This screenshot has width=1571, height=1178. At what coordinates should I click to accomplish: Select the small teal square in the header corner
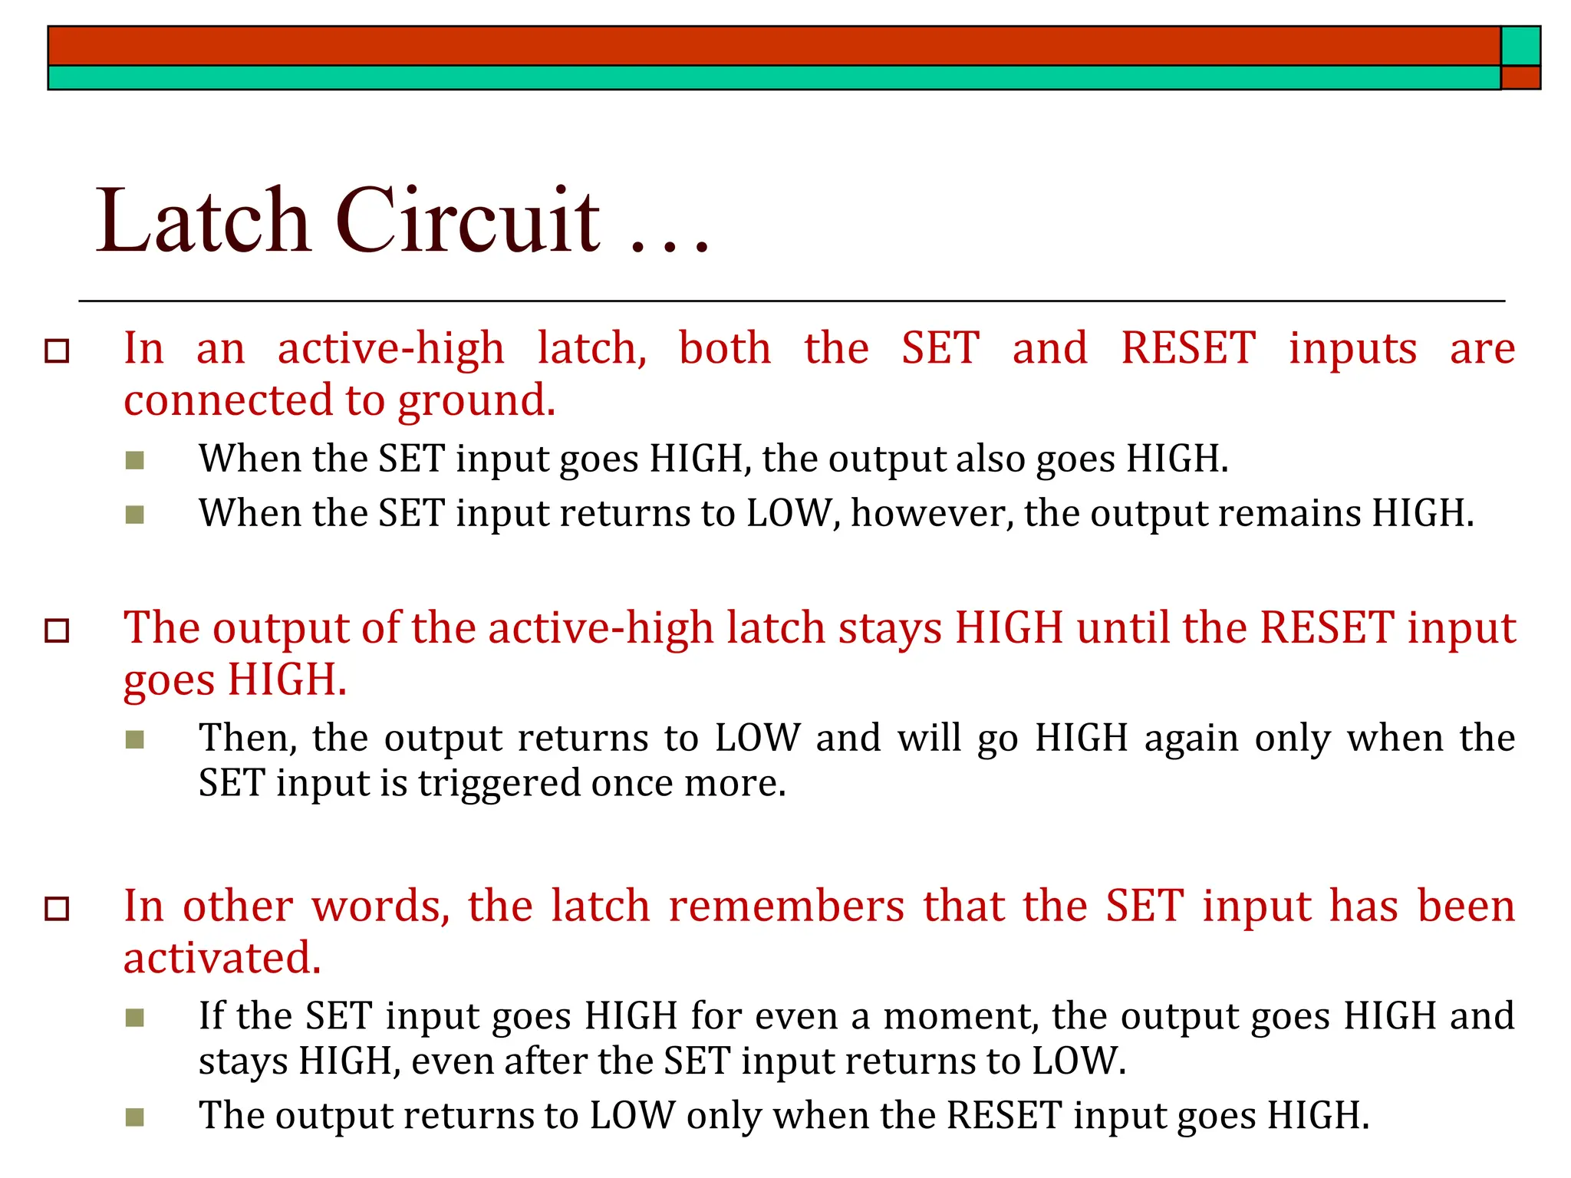coord(1520,46)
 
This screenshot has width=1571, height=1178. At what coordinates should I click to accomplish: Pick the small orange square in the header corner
coord(1520,77)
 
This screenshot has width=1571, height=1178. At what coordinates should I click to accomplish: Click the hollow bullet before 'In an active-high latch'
coord(58,351)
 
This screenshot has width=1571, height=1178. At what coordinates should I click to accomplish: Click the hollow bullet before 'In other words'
coord(58,909)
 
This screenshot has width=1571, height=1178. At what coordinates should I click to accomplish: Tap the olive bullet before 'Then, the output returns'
coord(135,739)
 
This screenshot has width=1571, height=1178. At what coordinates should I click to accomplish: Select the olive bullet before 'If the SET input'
coord(135,1018)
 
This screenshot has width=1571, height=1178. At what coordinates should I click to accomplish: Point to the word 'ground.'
coord(476,401)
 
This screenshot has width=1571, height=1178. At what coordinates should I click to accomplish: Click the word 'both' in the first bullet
coord(725,349)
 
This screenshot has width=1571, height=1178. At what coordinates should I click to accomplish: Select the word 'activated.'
coord(222,959)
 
